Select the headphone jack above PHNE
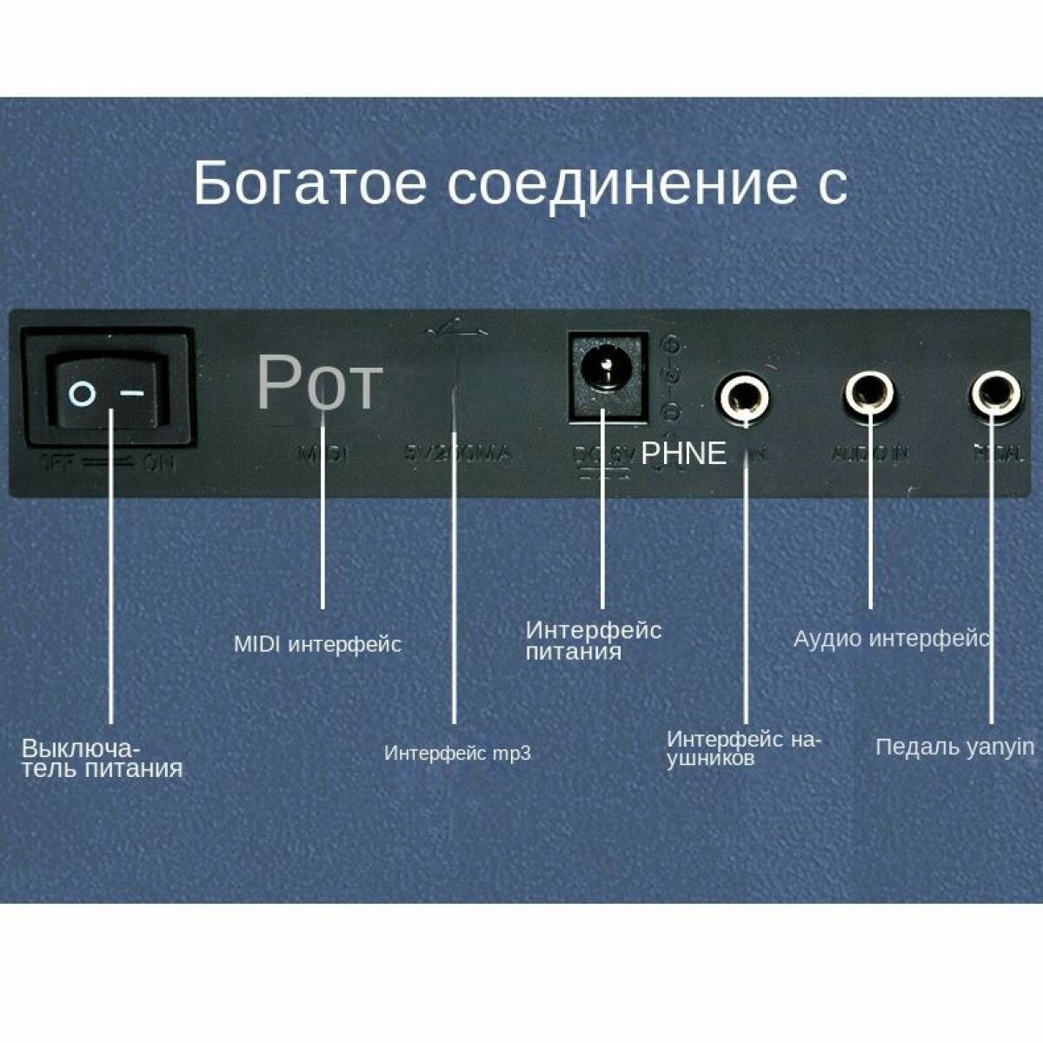pyautogui.click(x=743, y=396)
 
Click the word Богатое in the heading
pyautogui.click(x=309, y=183)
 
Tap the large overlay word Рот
pyautogui.click(x=319, y=382)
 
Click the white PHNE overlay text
pyautogui.click(x=683, y=453)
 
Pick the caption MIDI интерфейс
pyautogui.click(x=317, y=645)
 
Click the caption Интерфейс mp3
pyautogui.click(x=457, y=753)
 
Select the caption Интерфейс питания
pyautogui.click(x=593, y=641)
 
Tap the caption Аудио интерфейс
pyautogui.click(x=891, y=639)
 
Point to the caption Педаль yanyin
pyautogui.click(x=954, y=747)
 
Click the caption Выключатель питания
pyautogui.click(x=102, y=758)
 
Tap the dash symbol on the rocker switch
pyautogui.click(x=132, y=394)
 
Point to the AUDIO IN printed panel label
pyautogui.click(x=869, y=454)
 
